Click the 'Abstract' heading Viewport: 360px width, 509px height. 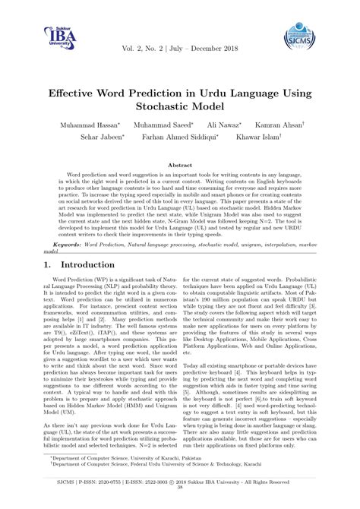(x=179, y=164)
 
